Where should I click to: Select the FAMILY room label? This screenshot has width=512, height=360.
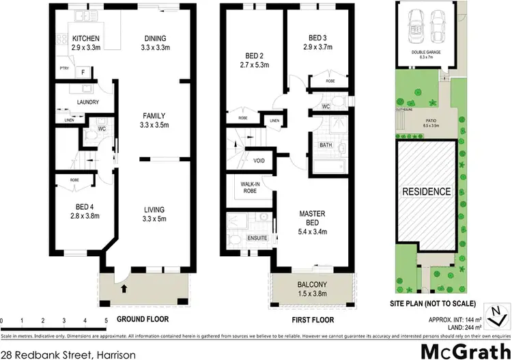[x=154, y=116]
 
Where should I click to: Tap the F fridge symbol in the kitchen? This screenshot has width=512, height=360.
[x=83, y=72]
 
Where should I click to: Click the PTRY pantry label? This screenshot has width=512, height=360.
[x=64, y=70]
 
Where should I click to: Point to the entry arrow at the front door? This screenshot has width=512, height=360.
[x=123, y=289]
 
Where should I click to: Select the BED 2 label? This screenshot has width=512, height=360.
[x=252, y=57]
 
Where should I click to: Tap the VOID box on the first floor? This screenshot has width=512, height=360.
[x=259, y=161]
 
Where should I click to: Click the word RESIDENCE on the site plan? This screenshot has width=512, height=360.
[x=425, y=191]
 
